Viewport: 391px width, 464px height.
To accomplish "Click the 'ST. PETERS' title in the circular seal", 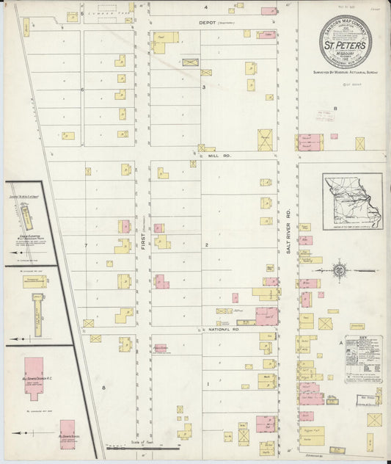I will (x=344, y=45).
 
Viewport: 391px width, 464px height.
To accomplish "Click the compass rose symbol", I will (x=339, y=270).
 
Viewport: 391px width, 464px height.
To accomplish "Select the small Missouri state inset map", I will (x=352, y=202).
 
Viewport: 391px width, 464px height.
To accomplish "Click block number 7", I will (x=86, y=244).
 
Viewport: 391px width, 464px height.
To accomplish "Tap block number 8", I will (x=104, y=387).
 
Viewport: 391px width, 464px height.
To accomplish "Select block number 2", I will (x=207, y=244).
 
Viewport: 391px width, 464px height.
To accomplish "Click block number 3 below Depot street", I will (x=204, y=87).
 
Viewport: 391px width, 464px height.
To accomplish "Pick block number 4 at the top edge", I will (x=206, y=7).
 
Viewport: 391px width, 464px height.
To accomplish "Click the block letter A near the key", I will (x=340, y=342).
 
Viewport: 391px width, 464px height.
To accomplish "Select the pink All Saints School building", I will (x=67, y=433).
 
